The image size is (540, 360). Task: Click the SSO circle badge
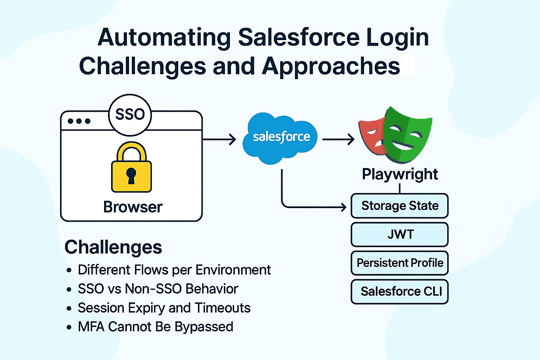pos(130,115)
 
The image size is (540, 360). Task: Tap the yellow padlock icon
pos(131,168)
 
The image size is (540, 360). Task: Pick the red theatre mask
pos(371,135)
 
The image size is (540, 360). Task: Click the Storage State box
pos(400,206)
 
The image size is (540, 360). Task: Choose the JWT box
pos(400,234)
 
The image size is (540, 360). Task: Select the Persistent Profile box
pos(400,263)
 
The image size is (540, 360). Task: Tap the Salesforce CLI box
pos(400,291)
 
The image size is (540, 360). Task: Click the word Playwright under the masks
pos(400,174)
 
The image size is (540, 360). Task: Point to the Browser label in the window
pos(133,207)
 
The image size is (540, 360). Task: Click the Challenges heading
pos(113,247)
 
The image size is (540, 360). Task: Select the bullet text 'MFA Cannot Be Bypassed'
pos(155,327)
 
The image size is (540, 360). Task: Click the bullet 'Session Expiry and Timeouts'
pos(164,308)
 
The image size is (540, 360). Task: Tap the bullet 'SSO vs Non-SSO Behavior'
pos(158,289)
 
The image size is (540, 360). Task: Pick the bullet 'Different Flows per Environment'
pos(174,270)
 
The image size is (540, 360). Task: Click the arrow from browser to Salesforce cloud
pos(219,140)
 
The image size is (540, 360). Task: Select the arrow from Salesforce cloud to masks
pos(338,140)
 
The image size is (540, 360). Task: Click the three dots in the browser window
pos(79,121)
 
